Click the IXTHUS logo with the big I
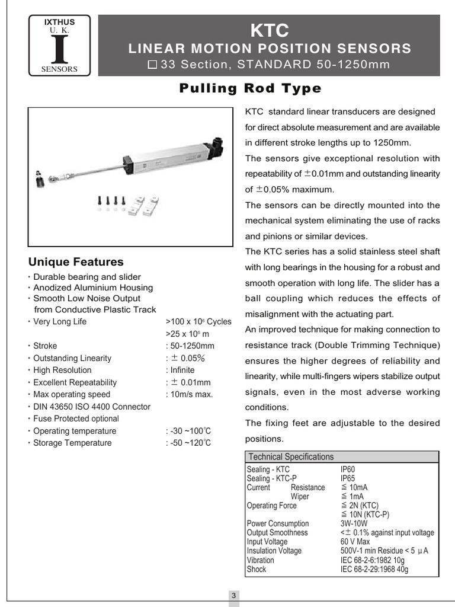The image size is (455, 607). [x=60, y=46]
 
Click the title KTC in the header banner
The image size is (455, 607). [x=270, y=30]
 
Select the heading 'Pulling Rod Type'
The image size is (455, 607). [x=250, y=89]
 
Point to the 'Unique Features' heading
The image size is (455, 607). [x=76, y=262]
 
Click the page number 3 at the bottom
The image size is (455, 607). [x=234, y=595]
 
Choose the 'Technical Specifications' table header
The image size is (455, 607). [x=291, y=457]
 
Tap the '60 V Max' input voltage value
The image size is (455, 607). [x=355, y=542]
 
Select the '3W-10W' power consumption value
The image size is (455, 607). [x=354, y=523]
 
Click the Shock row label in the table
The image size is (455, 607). [x=257, y=570]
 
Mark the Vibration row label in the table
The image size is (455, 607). [x=260, y=560]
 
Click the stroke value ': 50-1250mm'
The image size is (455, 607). [x=190, y=346]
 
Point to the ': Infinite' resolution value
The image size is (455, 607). [x=180, y=370]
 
